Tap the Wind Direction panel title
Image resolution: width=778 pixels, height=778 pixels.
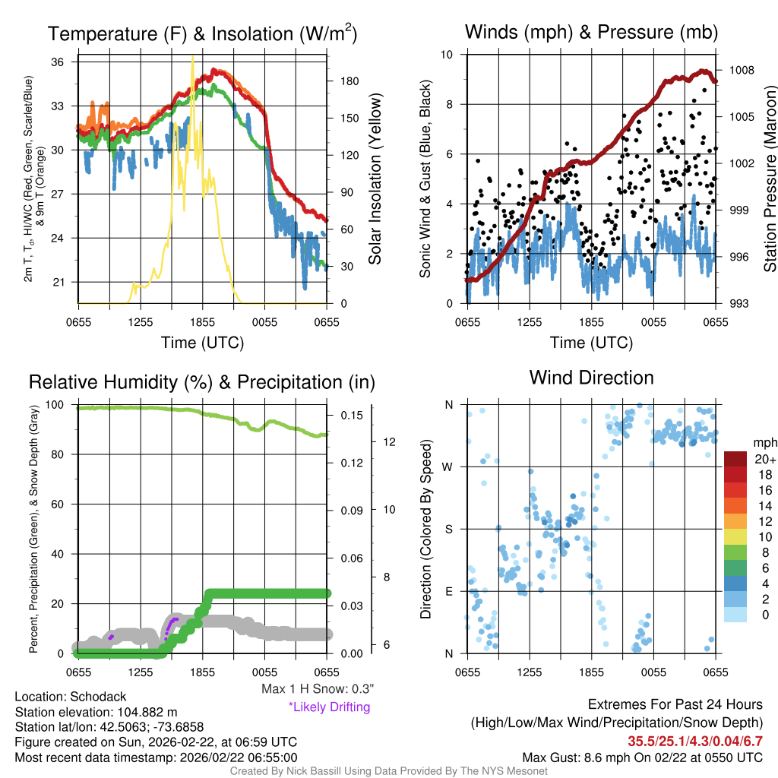(591, 378)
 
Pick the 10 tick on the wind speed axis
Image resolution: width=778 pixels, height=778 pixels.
(448, 55)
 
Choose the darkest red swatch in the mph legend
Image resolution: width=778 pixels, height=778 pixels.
(736, 460)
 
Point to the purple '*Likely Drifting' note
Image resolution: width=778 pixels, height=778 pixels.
(329, 707)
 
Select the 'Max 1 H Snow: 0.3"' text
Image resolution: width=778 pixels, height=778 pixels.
(318, 689)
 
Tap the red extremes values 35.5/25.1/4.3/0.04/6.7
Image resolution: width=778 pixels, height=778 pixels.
(694, 741)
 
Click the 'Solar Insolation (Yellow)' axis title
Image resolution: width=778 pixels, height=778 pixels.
(375, 179)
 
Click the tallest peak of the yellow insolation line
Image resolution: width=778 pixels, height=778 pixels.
(192, 56)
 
